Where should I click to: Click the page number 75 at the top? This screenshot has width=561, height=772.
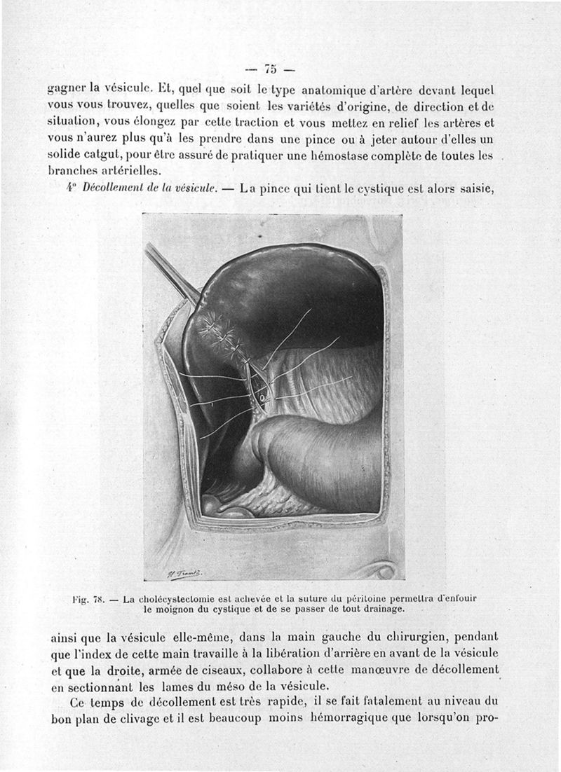pyautogui.click(x=271, y=69)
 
